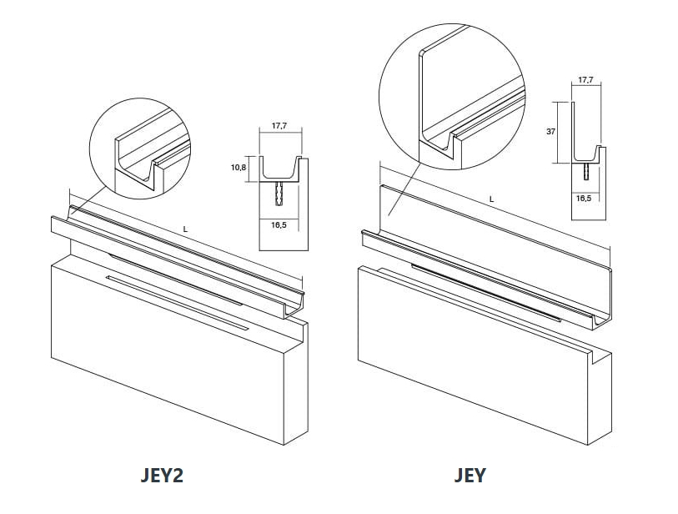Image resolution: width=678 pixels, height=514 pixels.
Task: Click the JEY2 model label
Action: click(x=162, y=476)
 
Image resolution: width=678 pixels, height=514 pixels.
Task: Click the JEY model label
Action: click(x=470, y=476)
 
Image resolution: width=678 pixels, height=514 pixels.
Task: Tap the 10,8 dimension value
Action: click(x=239, y=167)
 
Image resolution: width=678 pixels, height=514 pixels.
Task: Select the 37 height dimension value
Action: click(x=550, y=132)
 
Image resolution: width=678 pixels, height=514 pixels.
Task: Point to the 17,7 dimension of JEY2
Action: click(x=279, y=126)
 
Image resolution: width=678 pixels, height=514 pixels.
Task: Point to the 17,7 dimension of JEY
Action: click(x=585, y=79)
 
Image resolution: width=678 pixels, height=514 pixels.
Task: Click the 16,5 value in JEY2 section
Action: click(x=279, y=225)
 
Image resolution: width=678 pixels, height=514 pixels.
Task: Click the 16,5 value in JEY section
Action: click(x=584, y=198)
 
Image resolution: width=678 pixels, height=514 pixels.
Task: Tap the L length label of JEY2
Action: click(x=185, y=229)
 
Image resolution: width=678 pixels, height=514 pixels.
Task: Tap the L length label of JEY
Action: click(x=492, y=199)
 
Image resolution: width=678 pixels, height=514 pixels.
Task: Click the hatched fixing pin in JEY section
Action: click(x=585, y=171)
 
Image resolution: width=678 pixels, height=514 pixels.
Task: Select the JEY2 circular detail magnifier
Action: click(x=140, y=149)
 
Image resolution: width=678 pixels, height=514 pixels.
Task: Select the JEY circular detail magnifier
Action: click(x=452, y=97)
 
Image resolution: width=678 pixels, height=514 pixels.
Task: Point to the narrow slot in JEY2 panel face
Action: click(x=178, y=301)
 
